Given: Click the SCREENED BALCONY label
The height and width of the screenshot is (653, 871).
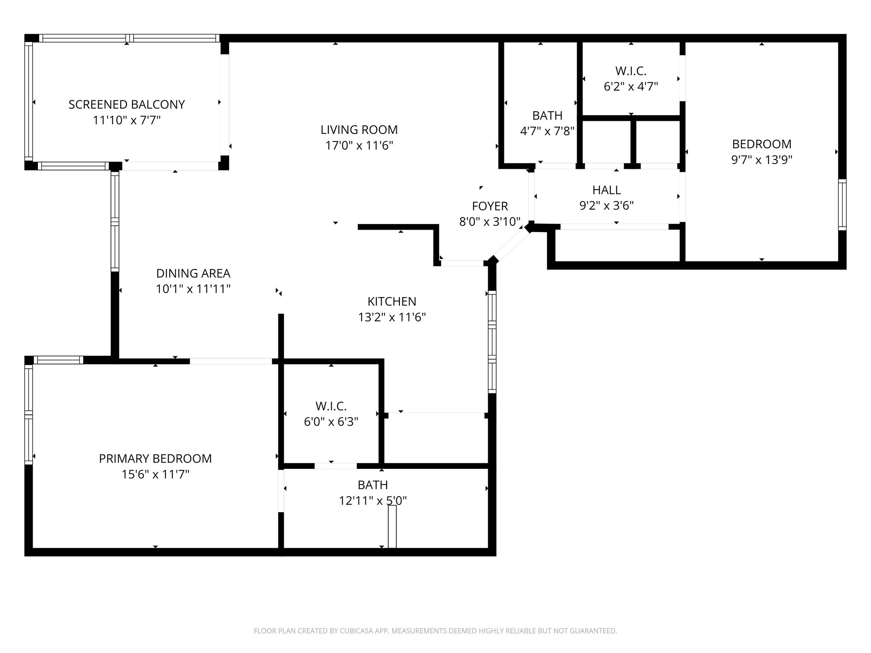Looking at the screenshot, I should coord(127,105).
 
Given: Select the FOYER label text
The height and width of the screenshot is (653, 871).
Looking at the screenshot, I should coord(490,206).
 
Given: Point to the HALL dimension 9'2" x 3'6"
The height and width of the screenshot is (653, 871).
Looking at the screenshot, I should coord(606,206).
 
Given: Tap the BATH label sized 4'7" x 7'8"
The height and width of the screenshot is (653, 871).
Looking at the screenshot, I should coord(547,116).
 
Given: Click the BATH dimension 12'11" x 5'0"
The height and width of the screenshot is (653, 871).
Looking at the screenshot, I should coord(373,501).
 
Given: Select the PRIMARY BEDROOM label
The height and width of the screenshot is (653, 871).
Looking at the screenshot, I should coord(155,459).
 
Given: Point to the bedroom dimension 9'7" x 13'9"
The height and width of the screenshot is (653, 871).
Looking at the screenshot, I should coord(761,160).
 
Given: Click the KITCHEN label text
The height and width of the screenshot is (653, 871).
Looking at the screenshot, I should coord(392,301).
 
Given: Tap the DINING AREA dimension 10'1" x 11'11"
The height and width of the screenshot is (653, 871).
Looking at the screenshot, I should coord(193,289).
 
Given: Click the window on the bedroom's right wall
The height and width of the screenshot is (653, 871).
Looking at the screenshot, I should coord(842,205).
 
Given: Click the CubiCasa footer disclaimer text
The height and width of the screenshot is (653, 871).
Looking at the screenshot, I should coord(435,631).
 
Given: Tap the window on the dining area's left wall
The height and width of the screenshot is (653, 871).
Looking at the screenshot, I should coord(115,221).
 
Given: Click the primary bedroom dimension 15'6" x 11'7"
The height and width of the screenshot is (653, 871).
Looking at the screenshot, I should coord(155,474).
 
